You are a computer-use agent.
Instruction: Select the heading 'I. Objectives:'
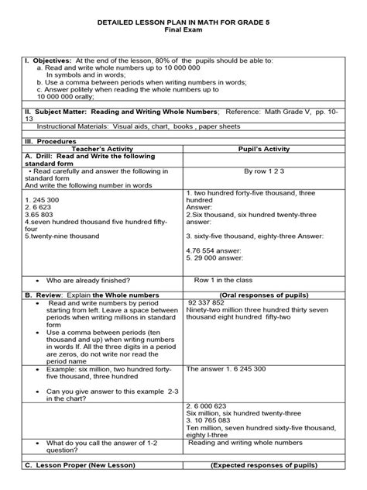pyautogui.click(x=48, y=60)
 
